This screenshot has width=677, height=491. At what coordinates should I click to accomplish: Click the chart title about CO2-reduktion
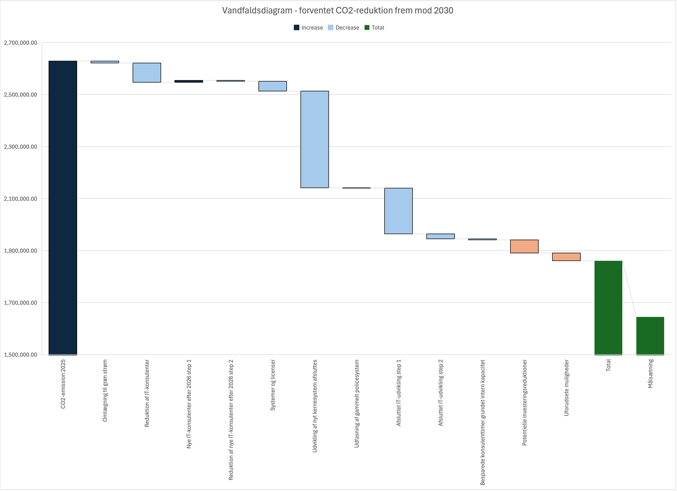(338, 10)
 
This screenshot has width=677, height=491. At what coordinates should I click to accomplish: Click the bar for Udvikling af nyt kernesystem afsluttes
(315, 139)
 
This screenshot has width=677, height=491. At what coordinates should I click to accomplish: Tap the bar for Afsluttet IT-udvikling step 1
(398, 211)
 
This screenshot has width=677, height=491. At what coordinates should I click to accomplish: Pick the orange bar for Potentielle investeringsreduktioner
(524, 246)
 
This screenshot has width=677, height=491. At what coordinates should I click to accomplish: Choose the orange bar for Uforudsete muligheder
(566, 257)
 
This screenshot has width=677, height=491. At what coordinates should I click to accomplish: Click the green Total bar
(608, 308)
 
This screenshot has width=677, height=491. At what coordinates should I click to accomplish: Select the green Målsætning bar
(650, 336)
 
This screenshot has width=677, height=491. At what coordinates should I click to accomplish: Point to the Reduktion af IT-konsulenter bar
(147, 72)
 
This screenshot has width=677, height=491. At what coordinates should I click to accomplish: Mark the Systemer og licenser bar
(272, 86)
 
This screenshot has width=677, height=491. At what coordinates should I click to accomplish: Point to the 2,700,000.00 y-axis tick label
(20, 43)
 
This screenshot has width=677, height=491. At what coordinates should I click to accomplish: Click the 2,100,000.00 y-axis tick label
(20, 199)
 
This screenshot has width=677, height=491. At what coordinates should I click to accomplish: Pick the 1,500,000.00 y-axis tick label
(20, 354)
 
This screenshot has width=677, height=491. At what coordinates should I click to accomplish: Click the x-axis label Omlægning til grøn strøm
(105, 391)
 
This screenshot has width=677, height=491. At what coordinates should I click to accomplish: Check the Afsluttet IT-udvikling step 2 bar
(440, 236)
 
